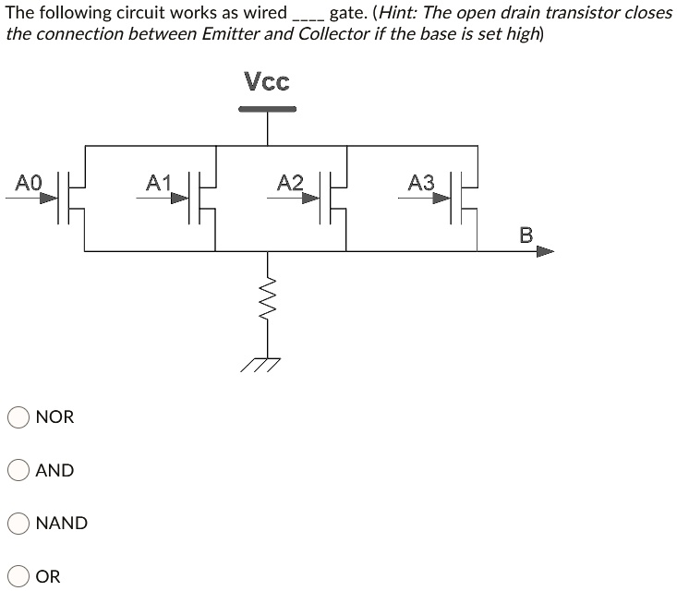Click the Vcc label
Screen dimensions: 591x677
coord(267,82)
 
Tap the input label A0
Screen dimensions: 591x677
coord(28,182)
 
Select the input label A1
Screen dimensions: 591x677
coord(159,181)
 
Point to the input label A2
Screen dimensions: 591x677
coord(290,182)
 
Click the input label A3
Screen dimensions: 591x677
coord(420,182)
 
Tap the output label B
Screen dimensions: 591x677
coord(526,235)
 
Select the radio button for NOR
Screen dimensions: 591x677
coord(18,417)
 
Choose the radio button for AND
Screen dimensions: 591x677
coord(18,470)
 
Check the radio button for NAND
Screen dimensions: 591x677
coord(18,523)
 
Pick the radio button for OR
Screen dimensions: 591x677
coord(18,576)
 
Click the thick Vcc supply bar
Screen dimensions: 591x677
coord(267,109)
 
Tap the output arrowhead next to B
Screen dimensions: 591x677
coord(545,251)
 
